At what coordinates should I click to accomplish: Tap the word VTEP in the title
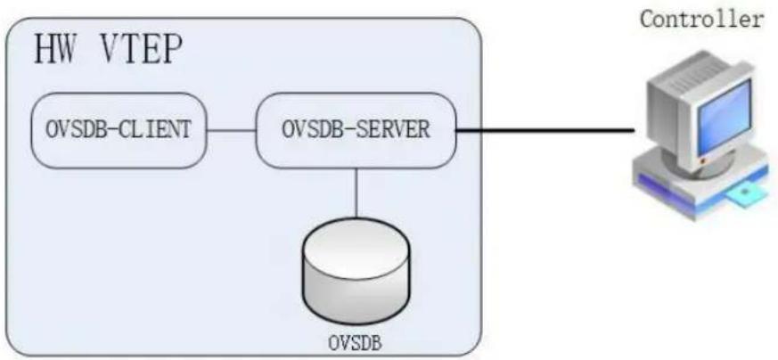tap(139, 50)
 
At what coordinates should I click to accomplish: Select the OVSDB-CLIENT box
tap(119, 130)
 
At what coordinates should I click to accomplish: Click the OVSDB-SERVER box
tap(356, 130)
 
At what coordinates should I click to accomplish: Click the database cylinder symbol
tap(356, 271)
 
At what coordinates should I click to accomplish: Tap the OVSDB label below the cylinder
tap(356, 343)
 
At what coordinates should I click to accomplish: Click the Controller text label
tap(701, 20)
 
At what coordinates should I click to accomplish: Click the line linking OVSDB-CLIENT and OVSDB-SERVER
tap(231, 131)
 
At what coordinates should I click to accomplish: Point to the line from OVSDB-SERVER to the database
tap(356, 192)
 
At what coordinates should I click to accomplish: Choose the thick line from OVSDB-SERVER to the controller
tap(545, 131)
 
